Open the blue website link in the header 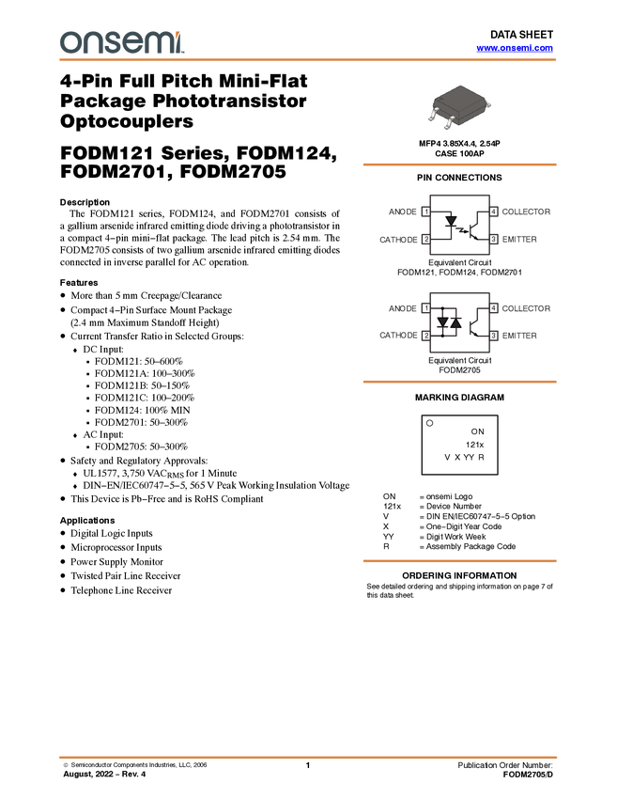[515, 48]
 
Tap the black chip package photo [459, 106]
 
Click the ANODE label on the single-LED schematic [402, 211]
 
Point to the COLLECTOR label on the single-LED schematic [527, 211]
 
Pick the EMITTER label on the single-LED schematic [520, 240]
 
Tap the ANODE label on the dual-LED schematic [402, 307]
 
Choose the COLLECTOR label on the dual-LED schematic [527, 307]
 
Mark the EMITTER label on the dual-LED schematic [520, 335]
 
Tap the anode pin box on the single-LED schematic [425, 211]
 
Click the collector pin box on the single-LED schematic [495, 211]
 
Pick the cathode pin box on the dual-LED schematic [425, 335]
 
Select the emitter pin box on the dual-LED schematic [495, 335]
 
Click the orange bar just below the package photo [459, 164]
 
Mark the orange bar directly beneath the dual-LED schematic [459, 382]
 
